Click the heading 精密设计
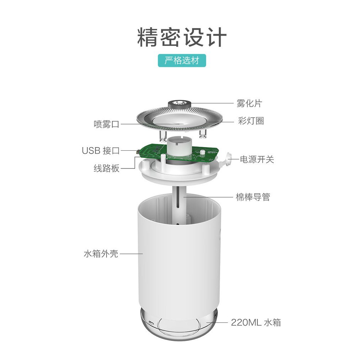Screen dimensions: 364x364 (182, 37)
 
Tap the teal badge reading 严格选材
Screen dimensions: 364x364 (182, 60)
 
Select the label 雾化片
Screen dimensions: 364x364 (249, 103)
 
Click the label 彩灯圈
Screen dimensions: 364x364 (251, 121)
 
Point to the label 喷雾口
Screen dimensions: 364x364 (107, 124)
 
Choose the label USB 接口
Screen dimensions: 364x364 (101, 151)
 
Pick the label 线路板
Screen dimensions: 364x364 (107, 168)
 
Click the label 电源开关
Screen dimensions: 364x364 (257, 160)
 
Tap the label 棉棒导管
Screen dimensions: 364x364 (253, 197)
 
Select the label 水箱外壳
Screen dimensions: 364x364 (101, 253)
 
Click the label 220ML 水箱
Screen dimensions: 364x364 (256, 322)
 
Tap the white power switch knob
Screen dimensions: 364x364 (226, 159)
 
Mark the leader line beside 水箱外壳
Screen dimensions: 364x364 (131, 253)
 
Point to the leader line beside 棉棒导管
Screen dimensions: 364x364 (208, 197)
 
